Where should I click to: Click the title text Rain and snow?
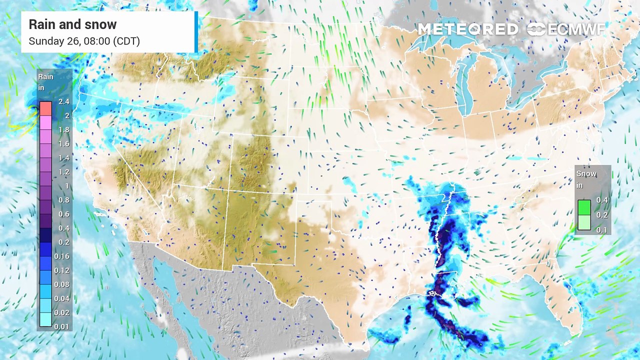[x=72, y=24]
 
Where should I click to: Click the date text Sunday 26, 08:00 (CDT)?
[x=84, y=41]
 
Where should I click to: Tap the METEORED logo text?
[x=467, y=29]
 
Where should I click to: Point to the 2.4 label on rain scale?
[x=64, y=101]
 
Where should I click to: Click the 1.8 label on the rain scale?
[x=64, y=129]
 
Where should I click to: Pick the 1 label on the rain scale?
[x=66, y=186]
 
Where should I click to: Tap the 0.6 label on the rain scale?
[x=64, y=214]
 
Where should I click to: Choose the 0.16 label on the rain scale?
[x=63, y=256]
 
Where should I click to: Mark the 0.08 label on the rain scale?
[x=63, y=284]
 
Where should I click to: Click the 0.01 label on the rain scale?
[x=63, y=326]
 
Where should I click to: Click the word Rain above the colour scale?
[x=45, y=77]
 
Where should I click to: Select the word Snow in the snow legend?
[x=586, y=173]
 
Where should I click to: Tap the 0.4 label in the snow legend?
[x=602, y=200]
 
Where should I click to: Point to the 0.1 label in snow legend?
[x=602, y=230]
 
